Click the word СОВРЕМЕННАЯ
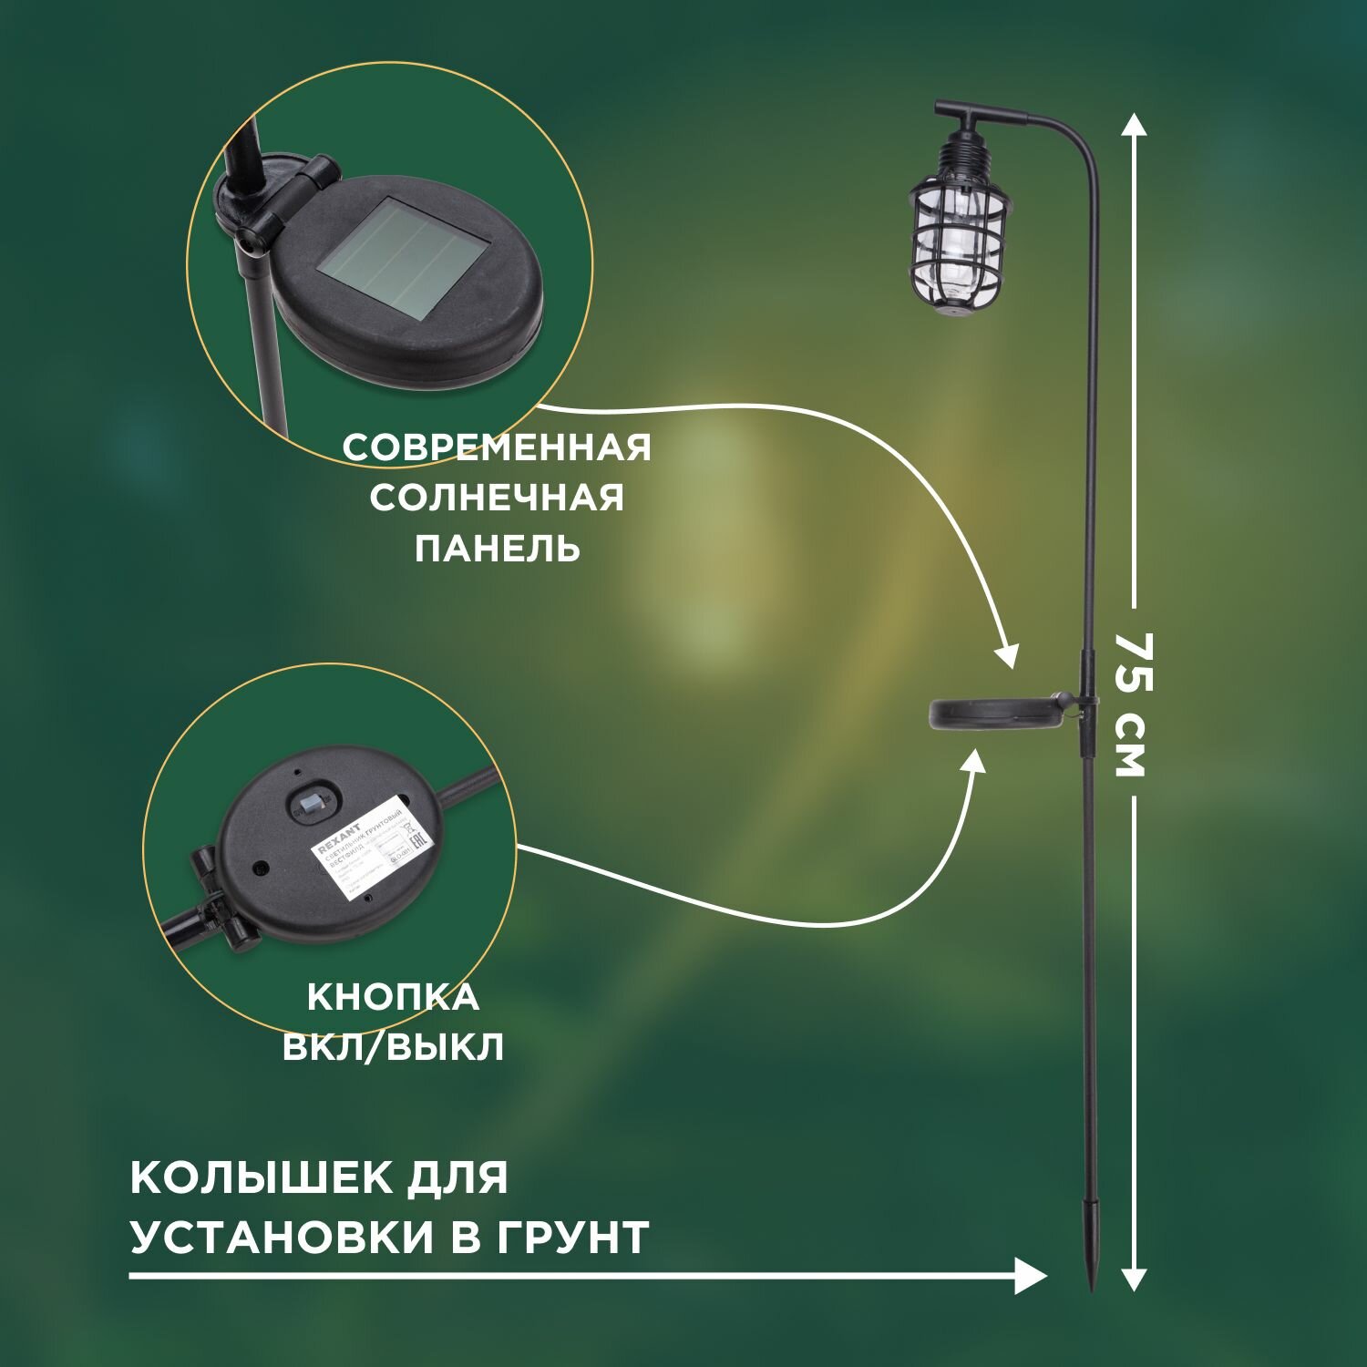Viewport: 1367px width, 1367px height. (497, 448)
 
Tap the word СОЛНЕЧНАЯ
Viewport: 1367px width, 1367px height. (497, 498)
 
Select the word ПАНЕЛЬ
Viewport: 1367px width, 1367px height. (497, 549)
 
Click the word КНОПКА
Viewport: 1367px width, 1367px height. (393, 998)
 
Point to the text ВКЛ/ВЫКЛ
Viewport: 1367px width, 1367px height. (393, 1048)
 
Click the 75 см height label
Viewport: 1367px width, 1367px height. (1131, 704)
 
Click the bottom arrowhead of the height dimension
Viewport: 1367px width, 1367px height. (1132, 1279)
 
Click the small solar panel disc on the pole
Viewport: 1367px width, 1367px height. (994, 713)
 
